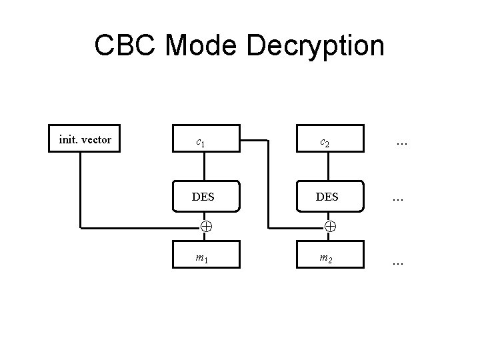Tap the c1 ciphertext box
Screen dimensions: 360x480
click(x=206, y=141)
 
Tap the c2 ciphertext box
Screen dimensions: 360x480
click(x=330, y=141)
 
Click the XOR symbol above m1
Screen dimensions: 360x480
click(x=206, y=227)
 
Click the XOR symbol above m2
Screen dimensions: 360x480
click(x=330, y=227)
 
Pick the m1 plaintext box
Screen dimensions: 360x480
click(x=206, y=256)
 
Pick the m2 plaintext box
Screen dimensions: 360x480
click(x=330, y=256)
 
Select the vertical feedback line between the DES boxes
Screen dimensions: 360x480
click(x=269, y=187)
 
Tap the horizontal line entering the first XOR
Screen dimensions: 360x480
click(x=140, y=227)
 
